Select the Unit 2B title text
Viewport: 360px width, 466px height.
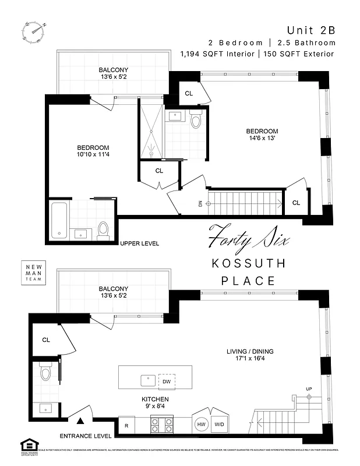point(311,30)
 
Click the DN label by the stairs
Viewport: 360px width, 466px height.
point(200,203)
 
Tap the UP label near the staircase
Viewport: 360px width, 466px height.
point(309,389)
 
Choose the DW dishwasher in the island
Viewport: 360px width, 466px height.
point(167,381)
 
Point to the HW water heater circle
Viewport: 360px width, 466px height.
point(202,425)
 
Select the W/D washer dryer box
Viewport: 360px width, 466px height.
point(220,425)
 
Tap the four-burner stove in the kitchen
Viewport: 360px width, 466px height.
point(162,425)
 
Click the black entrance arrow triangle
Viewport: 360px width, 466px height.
point(82,420)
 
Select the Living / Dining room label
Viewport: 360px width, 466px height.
point(250,355)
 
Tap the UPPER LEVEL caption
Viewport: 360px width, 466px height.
point(139,243)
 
